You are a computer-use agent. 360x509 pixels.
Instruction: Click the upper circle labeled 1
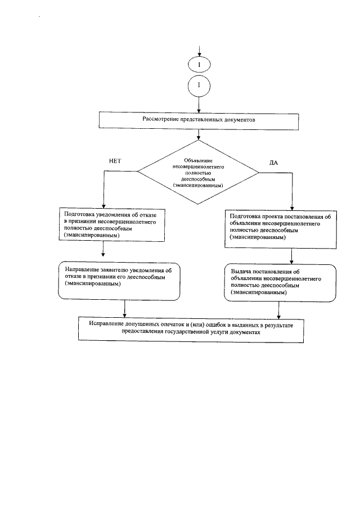[x=199, y=65]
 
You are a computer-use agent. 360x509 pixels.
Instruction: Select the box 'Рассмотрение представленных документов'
[x=199, y=120]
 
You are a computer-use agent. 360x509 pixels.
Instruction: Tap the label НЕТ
[x=115, y=160]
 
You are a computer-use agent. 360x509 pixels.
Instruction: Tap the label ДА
[x=274, y=163]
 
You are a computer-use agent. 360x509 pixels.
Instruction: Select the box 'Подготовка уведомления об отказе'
[x=103, y=225]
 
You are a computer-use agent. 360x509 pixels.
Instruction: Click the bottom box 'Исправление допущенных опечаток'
[x=191, y=329]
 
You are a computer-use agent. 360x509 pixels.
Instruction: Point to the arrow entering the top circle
[x=199, y=51]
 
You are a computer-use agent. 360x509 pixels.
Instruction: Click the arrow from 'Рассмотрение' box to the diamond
[x=199, y=134]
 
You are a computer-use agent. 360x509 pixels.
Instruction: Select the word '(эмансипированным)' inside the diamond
[x=199, y=185]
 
